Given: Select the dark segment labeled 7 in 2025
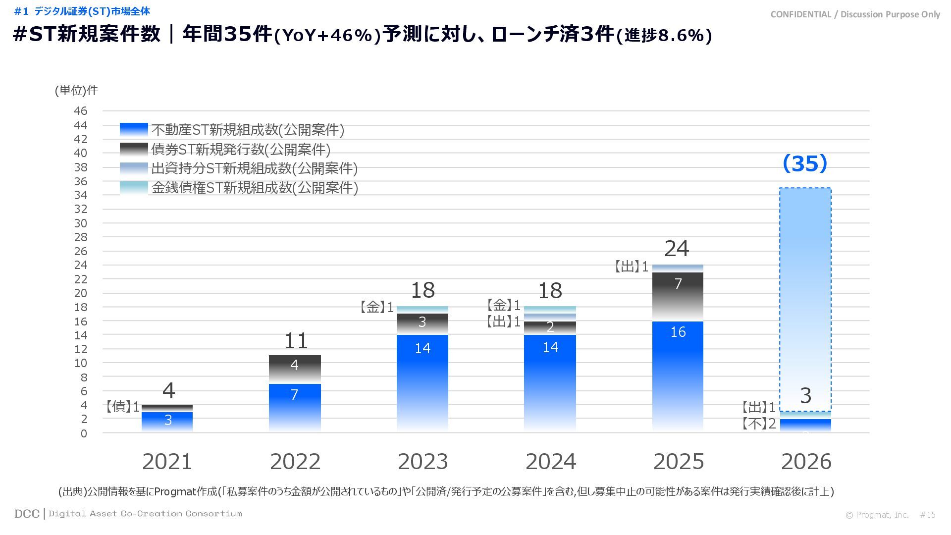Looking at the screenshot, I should pos(678,296).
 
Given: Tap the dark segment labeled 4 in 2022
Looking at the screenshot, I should pos(295,369).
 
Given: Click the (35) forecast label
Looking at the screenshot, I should pos(805,163).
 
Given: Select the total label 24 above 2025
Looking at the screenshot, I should pos(677,249).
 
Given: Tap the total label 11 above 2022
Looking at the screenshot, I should pos(296,340).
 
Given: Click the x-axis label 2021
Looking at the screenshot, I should pos(167,462).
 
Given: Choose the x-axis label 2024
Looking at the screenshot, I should pos(550,462).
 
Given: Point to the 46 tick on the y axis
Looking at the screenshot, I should pos(81,111).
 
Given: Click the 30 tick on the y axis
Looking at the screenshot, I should pos(81,223).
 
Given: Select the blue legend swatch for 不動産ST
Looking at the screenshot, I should pos(134,130).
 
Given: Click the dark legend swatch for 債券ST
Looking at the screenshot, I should pos(134,149).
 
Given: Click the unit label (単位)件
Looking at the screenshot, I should pos(76,90).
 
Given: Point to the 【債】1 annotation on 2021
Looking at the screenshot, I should pos(122,407).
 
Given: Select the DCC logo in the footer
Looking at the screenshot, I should pos(27,514).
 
